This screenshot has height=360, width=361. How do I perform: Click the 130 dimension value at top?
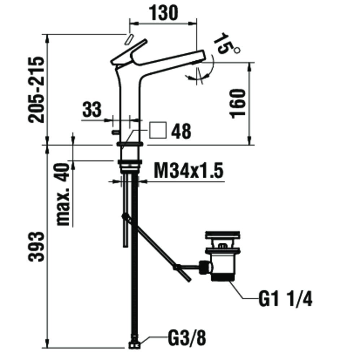point(164,13)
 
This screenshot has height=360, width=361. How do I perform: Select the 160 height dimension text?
point(238,104)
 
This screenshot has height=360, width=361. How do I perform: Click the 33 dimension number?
point(92,109)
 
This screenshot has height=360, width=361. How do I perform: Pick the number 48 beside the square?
point(181,131)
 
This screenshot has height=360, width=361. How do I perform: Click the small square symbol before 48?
point(158,130)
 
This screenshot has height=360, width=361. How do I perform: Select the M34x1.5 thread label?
point(188,171)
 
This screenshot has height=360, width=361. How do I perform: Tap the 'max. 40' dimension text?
point(62,194)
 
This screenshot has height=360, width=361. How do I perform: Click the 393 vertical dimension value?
point(36,247)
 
